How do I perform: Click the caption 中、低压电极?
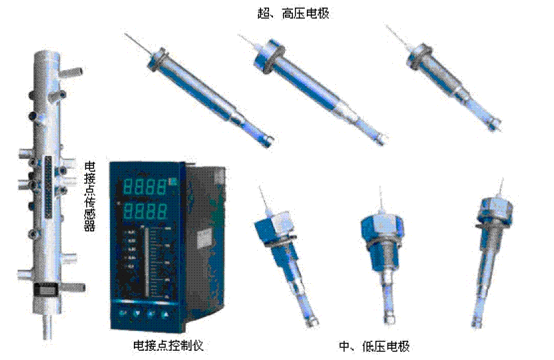(378, 347)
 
